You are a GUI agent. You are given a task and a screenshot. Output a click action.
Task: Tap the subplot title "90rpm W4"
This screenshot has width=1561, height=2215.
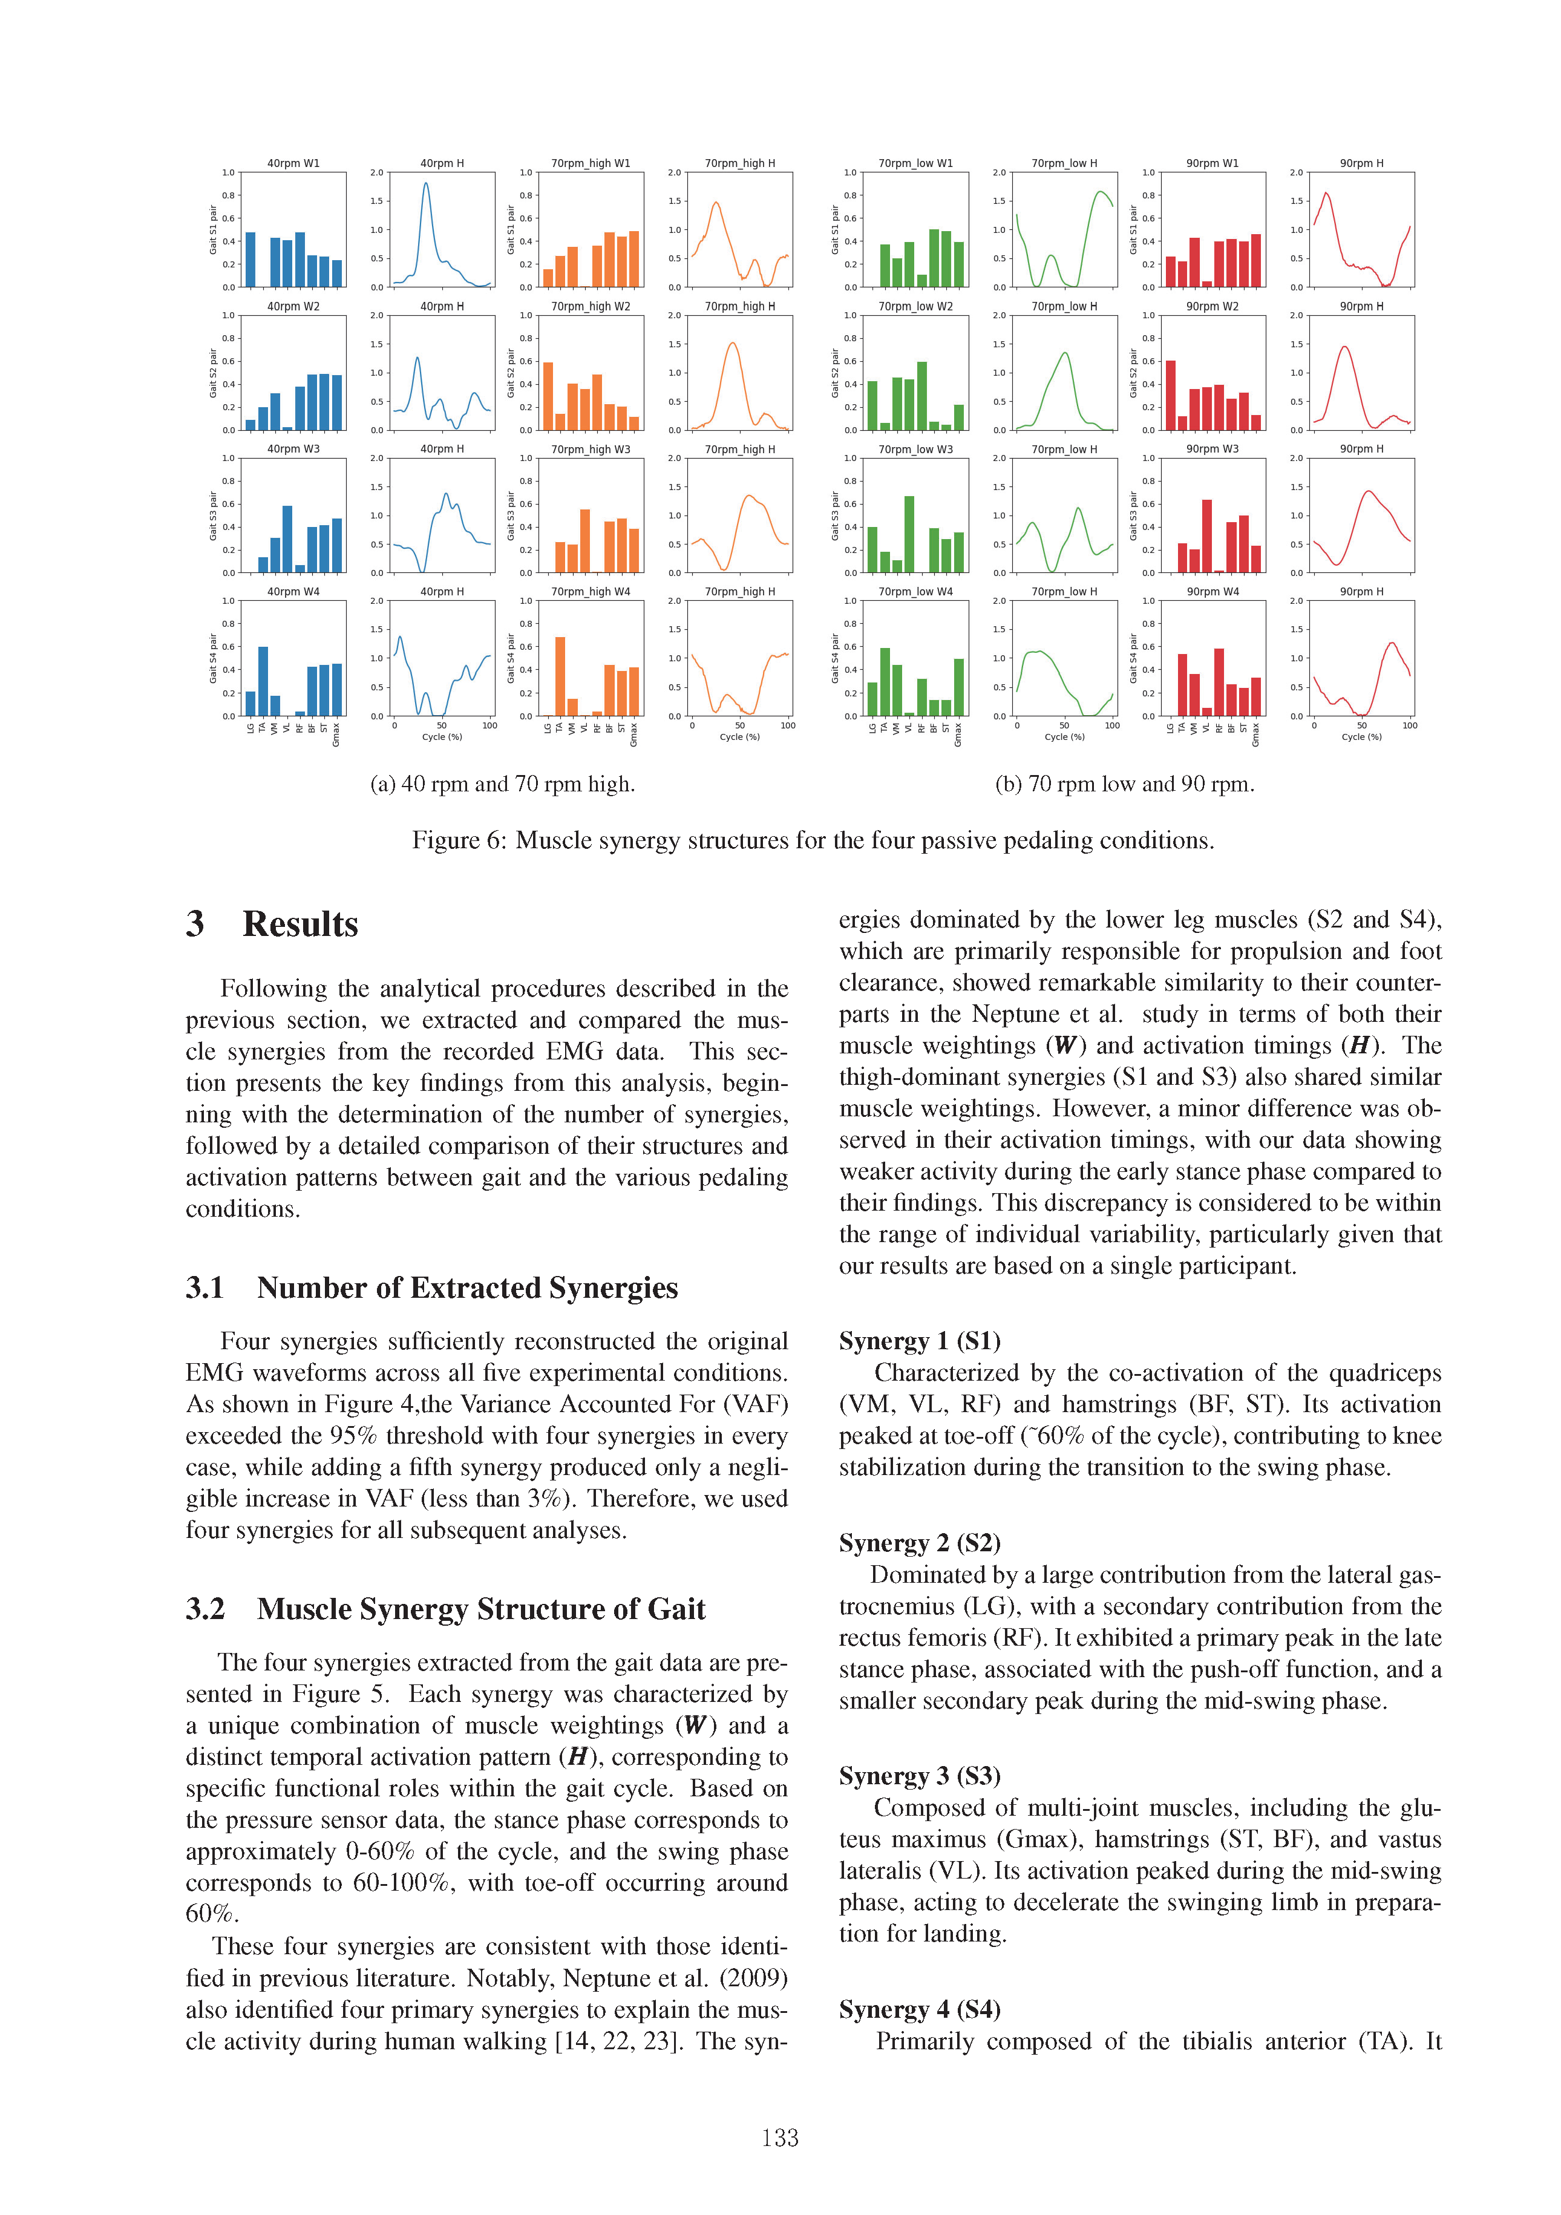click(1212, 591)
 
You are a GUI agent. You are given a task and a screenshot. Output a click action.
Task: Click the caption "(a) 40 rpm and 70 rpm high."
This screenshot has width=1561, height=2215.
click(503, 784)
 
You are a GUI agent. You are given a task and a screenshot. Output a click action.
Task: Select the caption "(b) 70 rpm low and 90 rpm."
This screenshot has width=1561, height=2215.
click(1125, 784)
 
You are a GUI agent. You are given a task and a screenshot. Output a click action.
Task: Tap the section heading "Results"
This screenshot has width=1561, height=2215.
click(300, 924)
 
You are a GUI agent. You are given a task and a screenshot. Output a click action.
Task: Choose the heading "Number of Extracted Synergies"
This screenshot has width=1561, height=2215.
click(467, 1288)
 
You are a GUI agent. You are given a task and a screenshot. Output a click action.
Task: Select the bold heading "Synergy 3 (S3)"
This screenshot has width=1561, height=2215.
click(920, 1776)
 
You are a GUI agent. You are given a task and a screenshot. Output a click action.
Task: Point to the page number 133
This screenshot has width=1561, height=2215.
click(779, 2138)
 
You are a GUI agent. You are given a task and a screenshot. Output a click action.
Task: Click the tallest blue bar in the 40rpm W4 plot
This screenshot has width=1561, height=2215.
click(263, 681)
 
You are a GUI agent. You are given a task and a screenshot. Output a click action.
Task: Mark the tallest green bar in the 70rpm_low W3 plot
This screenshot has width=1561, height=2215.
click(909, 534)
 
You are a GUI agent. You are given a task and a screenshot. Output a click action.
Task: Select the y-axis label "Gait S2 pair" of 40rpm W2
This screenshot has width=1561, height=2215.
click(213, 373)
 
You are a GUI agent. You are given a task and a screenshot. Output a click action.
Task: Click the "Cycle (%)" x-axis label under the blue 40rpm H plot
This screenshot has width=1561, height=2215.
click(442, 737)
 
